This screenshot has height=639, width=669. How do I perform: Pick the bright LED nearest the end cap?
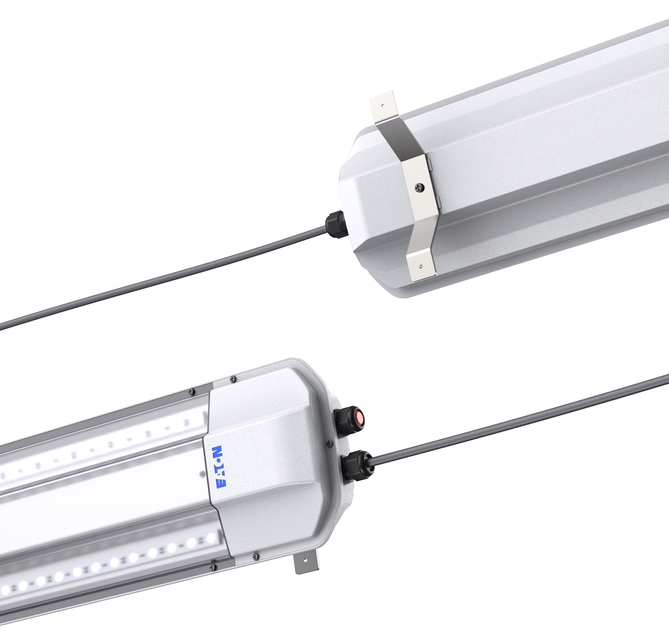click(x=211, y=538)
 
